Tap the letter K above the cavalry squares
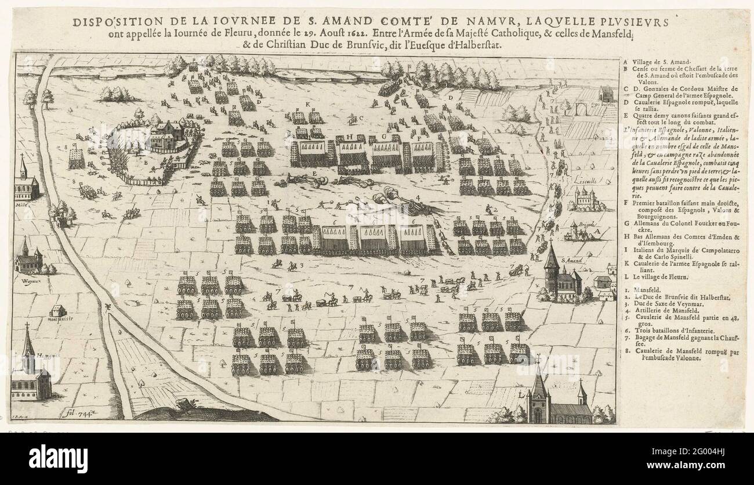coord(308,104)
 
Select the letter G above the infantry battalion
coord(383,138)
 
